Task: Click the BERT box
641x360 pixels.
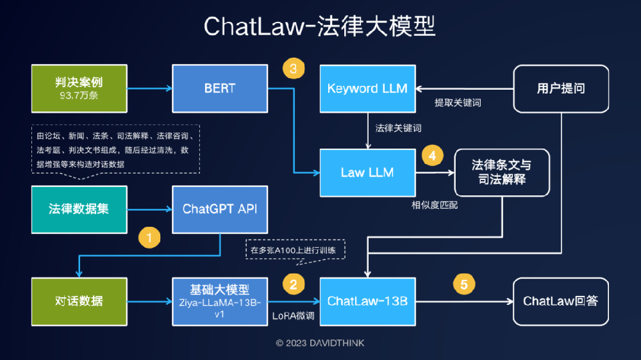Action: click(x=220, y=88)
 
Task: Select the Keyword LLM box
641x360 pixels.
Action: click(x=367, y=88)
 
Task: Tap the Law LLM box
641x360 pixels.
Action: click(x=367, y=172)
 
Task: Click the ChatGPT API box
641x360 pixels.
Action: click(x=220, y=209)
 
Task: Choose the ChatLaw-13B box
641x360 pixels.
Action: click(x=367, y=302)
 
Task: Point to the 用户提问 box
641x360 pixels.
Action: click(x=561, y=88)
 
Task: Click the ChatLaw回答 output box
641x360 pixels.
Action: click(x=561, y=302)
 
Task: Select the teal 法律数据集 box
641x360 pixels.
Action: click(x=79, y=209)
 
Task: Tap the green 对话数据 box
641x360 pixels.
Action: click(x=79, y=302)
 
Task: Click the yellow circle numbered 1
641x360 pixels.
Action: click(x=149, y=238)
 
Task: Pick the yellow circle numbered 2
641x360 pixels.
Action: click(x=294, y=284)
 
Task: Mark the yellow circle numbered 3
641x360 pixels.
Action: click(x=294, y=69)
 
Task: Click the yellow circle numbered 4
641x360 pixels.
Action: click(x=432, y=155)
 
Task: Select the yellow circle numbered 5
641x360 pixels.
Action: click(x=464, y=284)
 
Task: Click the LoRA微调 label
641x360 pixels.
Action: click(x=293, y=316)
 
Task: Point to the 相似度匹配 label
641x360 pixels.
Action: click(x=435, y=205)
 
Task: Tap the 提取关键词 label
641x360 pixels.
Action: click(x=458, y=102)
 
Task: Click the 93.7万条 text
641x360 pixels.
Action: click(x=79, y=95)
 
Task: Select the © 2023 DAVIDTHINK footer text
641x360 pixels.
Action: click(x=320, y=343)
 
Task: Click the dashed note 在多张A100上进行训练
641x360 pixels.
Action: click(x=295, y=250)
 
